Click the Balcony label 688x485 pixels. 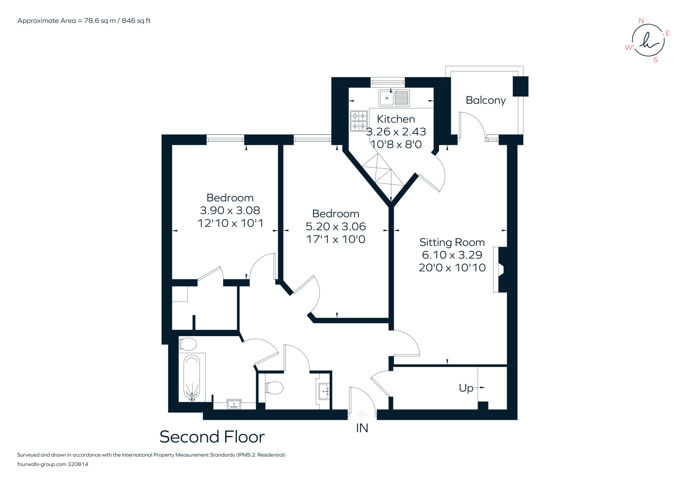point(486,100)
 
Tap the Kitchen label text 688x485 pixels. point(396,119)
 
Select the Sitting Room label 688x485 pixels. point(452,242)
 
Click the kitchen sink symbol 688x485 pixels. point(394,98)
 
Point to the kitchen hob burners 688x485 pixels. point(358,121)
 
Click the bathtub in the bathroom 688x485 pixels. point(192,378)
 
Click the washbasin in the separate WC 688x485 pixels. point(324,391)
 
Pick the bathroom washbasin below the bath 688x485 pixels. point(234,404)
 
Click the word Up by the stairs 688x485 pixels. point(466,388)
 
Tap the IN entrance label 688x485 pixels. point(362,428)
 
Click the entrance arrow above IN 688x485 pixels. point(362,415)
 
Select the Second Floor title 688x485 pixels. point(212,437)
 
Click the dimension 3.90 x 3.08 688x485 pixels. point(230,210)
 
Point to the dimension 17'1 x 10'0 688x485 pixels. point(336,239)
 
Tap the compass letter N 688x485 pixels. point(641,21)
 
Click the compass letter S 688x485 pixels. point(655,60)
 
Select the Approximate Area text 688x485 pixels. point(84,21)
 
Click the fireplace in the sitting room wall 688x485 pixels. point(500,270)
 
